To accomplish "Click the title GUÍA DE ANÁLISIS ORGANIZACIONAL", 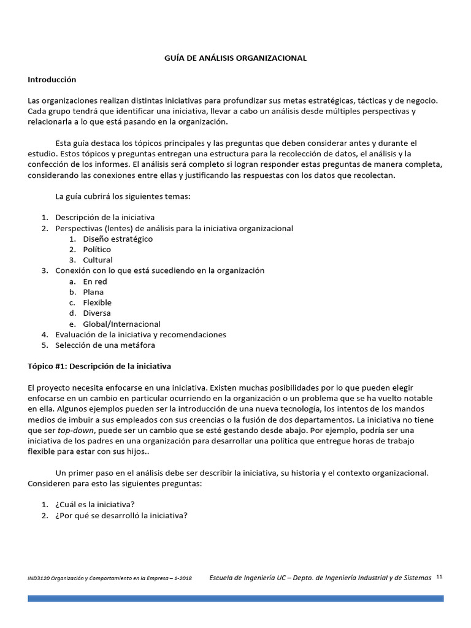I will (235, 58).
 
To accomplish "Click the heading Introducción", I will (52, 80).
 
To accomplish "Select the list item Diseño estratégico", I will (118, 239).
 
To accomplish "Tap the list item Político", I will (97, 250).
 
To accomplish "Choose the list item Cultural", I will (98, 260).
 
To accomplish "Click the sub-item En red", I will (95, 281).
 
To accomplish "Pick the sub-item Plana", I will (93, 292).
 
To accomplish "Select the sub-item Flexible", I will (97, 302).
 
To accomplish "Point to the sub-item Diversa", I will (97, 313).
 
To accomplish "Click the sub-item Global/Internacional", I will (121, 324).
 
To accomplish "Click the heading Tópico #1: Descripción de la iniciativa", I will (99, 366).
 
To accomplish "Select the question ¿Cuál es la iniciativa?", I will (95, 505).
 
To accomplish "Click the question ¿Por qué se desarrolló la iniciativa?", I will (121, 515).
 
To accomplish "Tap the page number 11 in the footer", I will (439, 577).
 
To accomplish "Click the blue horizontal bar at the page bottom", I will (235, 598).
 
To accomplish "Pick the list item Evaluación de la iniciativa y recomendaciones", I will (140, 335).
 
